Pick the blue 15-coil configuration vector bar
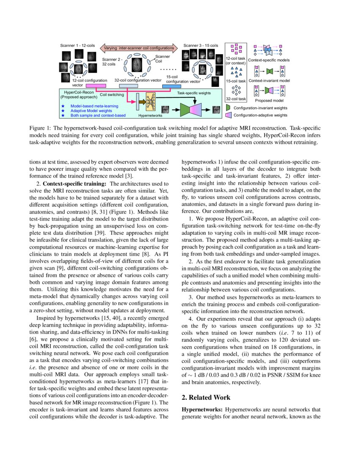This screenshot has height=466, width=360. click(172, 86)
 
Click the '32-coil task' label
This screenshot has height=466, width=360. click(235, 99)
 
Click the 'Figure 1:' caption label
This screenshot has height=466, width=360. click(39, 128)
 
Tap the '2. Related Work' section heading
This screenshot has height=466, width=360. click(206, 397)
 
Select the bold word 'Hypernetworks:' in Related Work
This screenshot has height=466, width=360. click(202, 410)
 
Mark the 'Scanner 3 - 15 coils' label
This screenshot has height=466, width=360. click(201, 45)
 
